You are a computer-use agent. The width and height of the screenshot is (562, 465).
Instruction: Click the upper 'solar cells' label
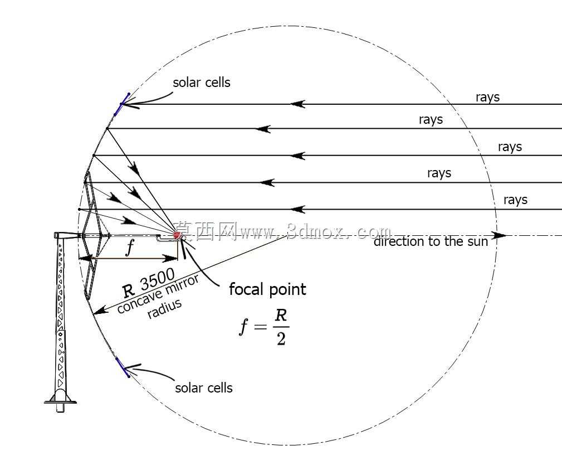pos(202,83)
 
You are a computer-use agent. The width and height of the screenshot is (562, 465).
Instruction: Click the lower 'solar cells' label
pos(204,388)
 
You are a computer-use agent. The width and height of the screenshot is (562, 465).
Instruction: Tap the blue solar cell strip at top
pos(122,104)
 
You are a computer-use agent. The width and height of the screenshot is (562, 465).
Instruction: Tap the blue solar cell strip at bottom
pos(123,367)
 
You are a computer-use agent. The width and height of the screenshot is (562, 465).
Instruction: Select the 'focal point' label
pos(267,289)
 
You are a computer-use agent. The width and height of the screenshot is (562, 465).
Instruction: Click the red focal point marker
pos(177,235)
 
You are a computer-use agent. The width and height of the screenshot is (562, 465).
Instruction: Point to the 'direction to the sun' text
pos(431,241)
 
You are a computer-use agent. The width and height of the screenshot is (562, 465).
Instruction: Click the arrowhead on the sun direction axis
pos(499,236)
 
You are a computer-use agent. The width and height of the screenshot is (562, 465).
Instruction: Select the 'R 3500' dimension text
pos(149,282)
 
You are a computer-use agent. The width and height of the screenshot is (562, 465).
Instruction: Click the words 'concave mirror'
pos(158,294)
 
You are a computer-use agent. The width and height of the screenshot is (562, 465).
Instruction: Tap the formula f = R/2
pos(264,327)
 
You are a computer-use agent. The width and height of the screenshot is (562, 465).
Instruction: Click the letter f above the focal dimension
pos(130,247)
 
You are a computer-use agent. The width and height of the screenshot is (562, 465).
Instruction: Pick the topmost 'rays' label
pos(487,97)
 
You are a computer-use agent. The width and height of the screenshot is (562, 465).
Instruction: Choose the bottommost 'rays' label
pos(515,200)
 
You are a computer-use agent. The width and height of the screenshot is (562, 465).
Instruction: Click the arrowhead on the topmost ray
pos(297,104)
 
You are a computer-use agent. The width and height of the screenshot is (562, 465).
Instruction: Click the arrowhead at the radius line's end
pos(100,310)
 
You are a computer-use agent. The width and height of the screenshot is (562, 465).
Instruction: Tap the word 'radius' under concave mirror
pos(165,308)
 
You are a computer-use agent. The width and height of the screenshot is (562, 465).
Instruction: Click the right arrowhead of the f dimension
pos(170,258)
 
